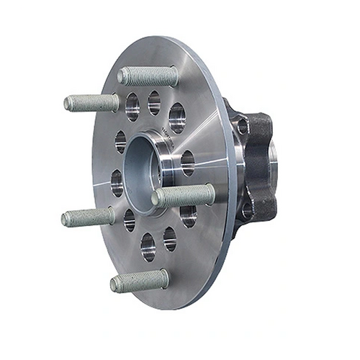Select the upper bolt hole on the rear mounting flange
[243, 127]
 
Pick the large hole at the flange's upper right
[176, 117]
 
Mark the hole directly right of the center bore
[187, 163]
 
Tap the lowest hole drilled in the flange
[148, 247]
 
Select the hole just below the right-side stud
[188, 215]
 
